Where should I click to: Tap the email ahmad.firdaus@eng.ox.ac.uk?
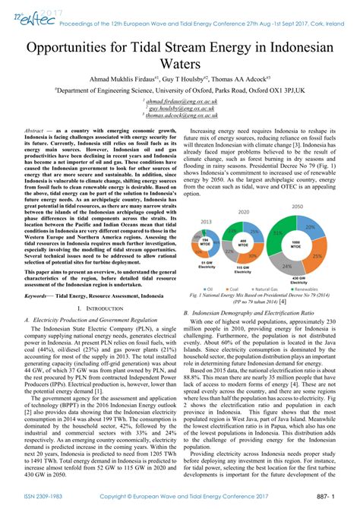tap(180, 100)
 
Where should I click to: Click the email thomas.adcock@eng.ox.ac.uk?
tap(180, 115)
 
